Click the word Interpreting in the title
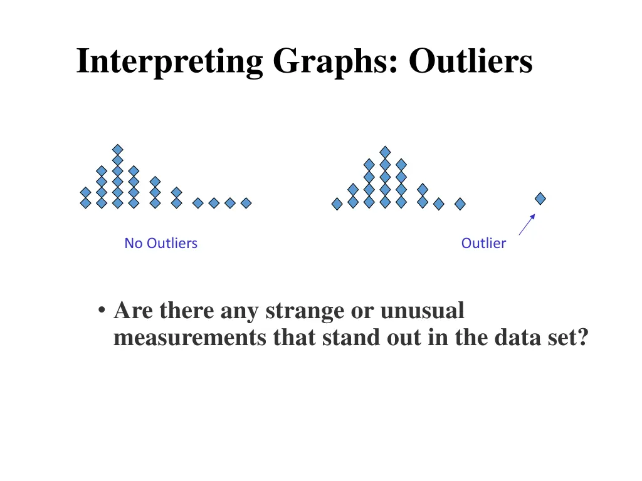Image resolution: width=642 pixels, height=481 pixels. coord(169,62)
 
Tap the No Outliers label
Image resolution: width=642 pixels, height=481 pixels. coord(160,243)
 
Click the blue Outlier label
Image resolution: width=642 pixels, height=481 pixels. coord(483,243)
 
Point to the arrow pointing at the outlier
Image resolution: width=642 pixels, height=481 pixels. coord(527,224)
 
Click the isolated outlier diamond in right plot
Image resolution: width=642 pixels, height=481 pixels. coord(540,199)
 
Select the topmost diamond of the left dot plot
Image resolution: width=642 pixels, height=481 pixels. coord(118,149)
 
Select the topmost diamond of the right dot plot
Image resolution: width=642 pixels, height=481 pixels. coord(385,152)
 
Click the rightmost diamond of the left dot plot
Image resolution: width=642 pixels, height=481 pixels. coord(246,203)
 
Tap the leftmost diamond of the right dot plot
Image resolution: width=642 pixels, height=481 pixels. coord(337,204)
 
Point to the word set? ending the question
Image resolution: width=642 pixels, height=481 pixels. coord(569,338)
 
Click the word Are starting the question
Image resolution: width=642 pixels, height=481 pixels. coord(134,311)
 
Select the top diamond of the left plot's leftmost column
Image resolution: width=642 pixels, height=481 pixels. coord(85,192)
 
